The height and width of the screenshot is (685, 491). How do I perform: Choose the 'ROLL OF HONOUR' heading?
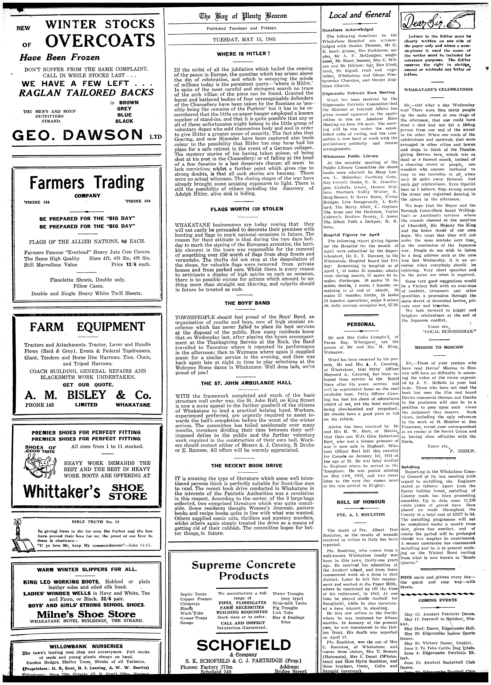pos(361,502)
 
